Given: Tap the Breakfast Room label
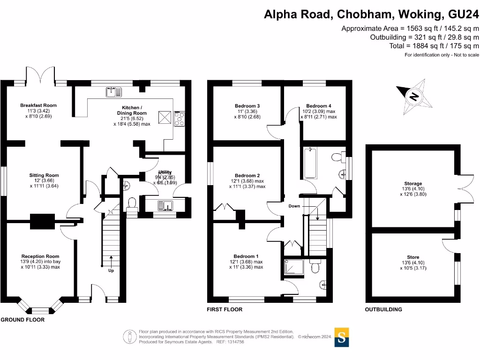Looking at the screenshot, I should pos(38,105).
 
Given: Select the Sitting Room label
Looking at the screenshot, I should pos(44,175).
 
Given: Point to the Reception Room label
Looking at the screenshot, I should pos(40,256).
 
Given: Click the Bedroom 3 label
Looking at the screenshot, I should pos(247,106).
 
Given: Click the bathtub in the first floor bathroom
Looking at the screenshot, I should pos(310,163).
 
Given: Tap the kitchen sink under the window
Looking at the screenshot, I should pos(112,91).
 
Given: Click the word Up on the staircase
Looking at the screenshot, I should pos(111,270).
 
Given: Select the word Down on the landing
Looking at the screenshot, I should pos(294,206).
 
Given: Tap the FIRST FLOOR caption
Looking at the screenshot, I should pos(225,309).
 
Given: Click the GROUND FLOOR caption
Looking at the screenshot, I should pos(22,320).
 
